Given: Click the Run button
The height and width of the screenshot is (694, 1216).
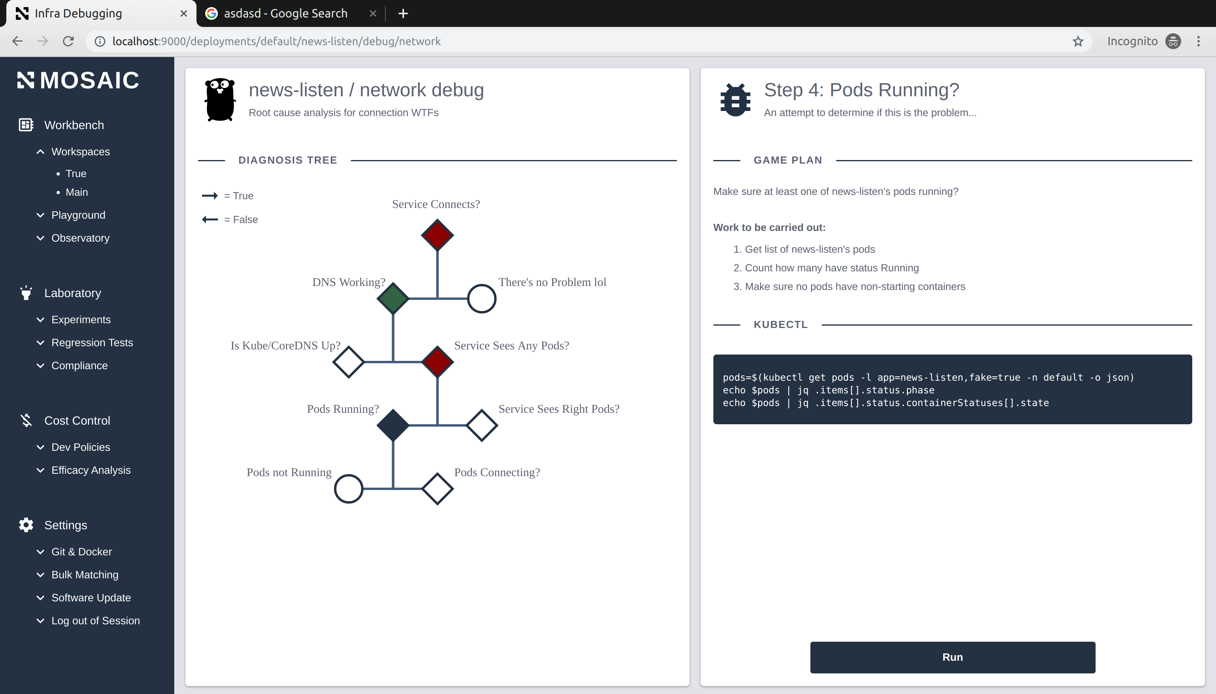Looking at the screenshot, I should pyautogui.click(x=952, y=657).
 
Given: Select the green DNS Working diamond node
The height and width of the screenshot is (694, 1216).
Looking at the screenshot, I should pyautogui.click(x=393, y=298).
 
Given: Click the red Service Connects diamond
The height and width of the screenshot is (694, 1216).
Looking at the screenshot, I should pyautogui.click(x=437, y=235).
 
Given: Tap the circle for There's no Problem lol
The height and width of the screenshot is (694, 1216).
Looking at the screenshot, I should pyautogui.click(x=481, y=299).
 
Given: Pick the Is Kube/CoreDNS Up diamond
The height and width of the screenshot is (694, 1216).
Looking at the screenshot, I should pyautogui.click(x=348, y=362).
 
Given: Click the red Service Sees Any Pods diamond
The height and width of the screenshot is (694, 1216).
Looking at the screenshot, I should pyautogui.click(x=437, y=362).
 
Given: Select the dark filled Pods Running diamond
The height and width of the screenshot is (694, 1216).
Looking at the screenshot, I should pyautogui.click(x=393, y=425).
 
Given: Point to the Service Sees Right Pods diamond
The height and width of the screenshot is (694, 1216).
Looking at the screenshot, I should pyautogui.click(x=481, y=425).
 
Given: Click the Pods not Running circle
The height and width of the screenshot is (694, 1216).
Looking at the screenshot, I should pyautogui.click(x=348, y=488).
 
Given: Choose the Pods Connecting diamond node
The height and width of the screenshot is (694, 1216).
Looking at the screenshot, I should pyautogui.click(x=437, y=488).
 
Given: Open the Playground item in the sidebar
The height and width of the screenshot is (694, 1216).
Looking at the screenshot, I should pyautogui.click(x=78, y=215).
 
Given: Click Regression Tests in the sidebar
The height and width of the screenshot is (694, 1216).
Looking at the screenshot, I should pyautogui.click(x=92, y=343).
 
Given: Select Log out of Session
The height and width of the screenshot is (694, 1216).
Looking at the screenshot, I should pyautogui.click(x=95, y=621).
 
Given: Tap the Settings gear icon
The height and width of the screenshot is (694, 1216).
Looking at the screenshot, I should pyautogui.click(x=26, y=525).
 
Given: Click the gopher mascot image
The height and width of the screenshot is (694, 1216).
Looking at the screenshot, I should pyautogui.click(x=220, y=99).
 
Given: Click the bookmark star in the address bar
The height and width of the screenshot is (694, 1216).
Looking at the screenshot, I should pyautogui.click(x=1078, y=42).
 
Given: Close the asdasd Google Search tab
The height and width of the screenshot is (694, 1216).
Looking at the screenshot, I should pyautogui.click(x=373, y=13).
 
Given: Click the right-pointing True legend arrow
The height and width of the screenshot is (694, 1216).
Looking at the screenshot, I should pyautogui.click(x=210, y=195).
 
